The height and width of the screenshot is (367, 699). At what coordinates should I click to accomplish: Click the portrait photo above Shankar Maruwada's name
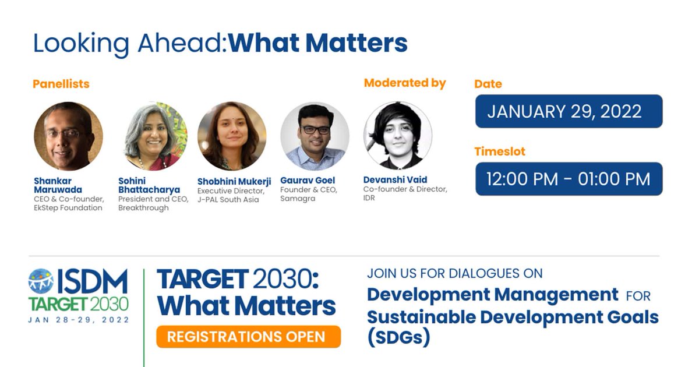[68, 136]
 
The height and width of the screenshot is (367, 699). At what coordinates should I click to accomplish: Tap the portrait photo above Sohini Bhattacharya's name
[156, 136]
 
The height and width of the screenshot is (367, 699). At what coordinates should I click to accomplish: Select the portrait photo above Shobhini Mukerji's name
[232, 136]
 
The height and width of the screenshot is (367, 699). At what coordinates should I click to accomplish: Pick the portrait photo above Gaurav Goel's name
[315, 136]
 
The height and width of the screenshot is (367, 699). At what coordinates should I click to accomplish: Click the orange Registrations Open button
[248, 337]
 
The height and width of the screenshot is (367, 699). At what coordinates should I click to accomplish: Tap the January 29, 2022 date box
[569, 111]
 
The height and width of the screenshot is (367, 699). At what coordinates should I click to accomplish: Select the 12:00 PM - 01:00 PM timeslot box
[569, 179]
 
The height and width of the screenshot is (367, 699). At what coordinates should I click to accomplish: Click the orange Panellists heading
[61, 84]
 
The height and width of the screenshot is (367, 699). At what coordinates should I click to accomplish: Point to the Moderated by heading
[405, 83]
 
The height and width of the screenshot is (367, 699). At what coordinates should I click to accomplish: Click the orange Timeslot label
[500, 151]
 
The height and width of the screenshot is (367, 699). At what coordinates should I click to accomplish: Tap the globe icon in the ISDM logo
[41, 281]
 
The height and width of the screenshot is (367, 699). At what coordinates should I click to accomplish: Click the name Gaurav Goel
[308, 181]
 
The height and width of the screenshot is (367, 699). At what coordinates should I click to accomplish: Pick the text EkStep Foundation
[68, 208]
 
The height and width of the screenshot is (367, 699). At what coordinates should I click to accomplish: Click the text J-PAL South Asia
[228, 200]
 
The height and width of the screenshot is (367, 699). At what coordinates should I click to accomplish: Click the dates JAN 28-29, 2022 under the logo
[79, 320]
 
